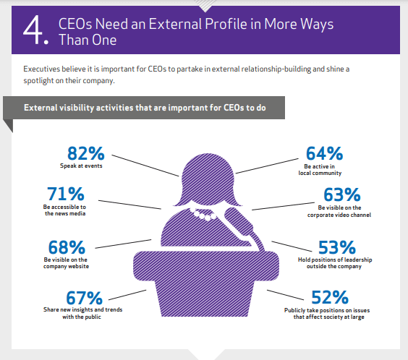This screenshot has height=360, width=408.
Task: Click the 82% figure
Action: pos(86,153)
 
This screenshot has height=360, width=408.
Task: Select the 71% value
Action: pos(66,194)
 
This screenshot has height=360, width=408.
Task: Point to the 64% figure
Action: pos(318,153)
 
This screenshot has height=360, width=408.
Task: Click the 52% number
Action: pos(331,297)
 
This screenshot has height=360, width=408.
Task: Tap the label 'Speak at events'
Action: pos(82,166)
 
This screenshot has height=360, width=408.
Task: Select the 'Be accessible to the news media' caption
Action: pos(65,210)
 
